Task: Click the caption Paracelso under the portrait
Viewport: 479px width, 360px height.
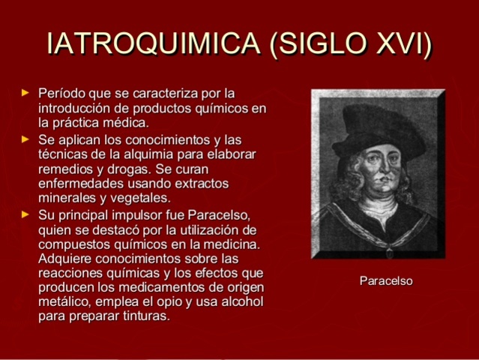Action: tap(386, 281)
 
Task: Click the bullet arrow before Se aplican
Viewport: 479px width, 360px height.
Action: tap(25, 139)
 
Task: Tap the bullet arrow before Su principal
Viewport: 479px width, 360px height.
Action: tap(25, 214)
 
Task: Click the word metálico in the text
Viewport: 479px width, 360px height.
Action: tap(62, 302)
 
